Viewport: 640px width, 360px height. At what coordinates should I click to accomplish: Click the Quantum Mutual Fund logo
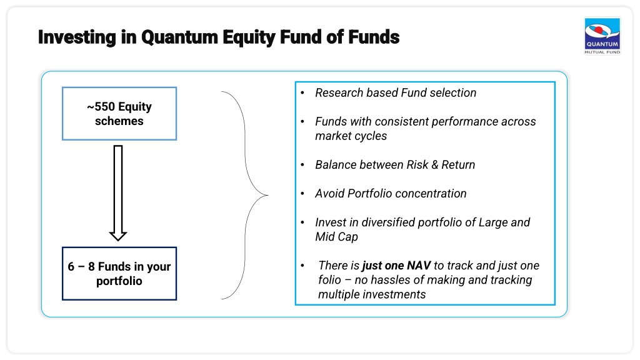pos(602,36)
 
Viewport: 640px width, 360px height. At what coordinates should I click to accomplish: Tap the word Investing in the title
pos(77,37)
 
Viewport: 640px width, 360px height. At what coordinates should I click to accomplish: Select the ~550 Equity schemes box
pos(119,114)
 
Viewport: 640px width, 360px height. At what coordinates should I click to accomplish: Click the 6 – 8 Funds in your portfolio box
pos(119,274)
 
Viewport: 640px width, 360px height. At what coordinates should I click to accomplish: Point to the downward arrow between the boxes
pos(118,192)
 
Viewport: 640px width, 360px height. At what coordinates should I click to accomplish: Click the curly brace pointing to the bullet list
pos(245,195)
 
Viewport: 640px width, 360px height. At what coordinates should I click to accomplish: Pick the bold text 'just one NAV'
pos(396,266)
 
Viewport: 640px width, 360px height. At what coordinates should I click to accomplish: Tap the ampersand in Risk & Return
pos(435,164)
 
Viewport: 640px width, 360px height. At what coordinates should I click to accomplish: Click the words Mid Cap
pos(336,237)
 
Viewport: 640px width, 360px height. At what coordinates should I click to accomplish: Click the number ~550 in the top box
pos(101,106)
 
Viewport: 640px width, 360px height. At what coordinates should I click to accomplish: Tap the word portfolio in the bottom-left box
pos(119,281)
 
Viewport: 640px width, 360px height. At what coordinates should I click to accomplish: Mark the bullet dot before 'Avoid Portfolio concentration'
pos(302,194)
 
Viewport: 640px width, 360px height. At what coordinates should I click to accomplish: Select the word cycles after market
pos(369,136)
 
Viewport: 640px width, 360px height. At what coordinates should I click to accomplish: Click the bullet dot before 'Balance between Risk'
pos(302,165)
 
